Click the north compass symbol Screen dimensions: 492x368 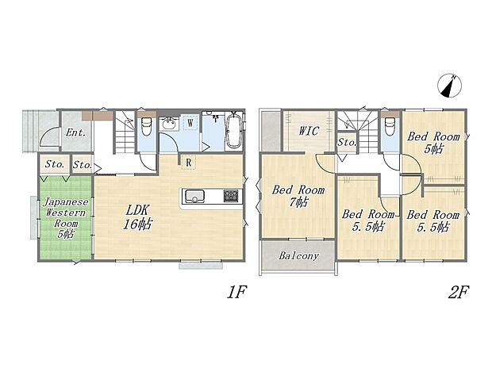coord(450,86)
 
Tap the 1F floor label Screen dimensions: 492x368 coord(237,293)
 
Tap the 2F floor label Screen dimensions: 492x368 coord(459,293)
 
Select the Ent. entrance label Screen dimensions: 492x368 coord(76,132)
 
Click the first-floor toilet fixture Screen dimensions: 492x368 coord(146,126)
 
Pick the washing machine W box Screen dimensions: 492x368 coord(190,123)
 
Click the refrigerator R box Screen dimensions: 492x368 coord(188,163)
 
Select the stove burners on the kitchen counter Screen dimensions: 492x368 coord(231,196)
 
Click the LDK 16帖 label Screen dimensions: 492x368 coord(137,217)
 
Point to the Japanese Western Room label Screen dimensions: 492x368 coord(66,217)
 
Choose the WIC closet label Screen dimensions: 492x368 coord(309,131)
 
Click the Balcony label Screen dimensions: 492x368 coord(298,255)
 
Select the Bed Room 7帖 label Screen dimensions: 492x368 coord(298,196)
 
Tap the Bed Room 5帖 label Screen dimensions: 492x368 coord(433,143)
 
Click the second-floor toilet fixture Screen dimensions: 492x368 coord(390,126)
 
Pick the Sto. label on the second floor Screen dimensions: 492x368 coord(347,143)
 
